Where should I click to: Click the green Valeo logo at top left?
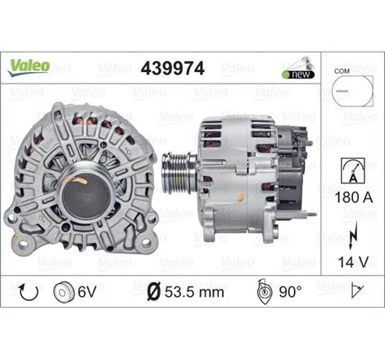pos(29,65)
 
